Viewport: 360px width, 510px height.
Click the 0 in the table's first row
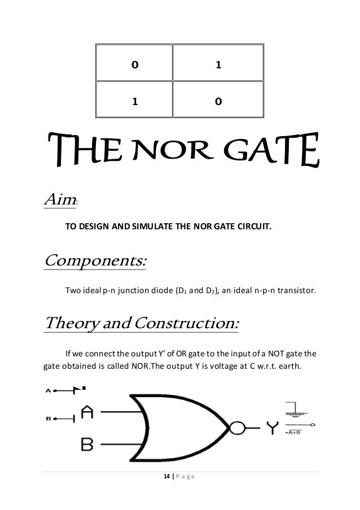134,64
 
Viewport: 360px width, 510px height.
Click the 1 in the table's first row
218,64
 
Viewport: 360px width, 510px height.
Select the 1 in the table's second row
134,102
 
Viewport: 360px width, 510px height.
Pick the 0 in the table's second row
218,102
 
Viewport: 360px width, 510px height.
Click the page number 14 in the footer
164,478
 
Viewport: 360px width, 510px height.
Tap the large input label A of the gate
88,412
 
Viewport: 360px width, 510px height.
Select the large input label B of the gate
87,444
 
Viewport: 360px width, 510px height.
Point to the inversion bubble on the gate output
237,428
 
